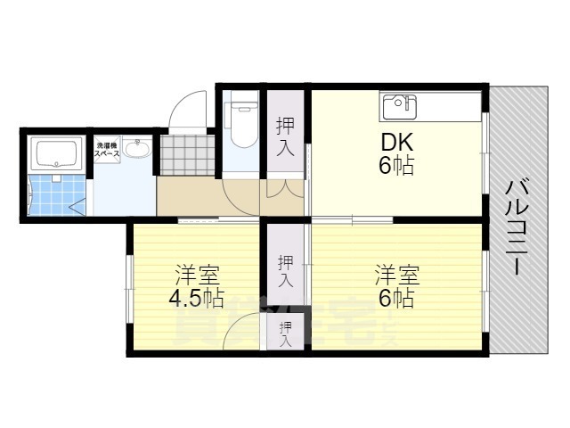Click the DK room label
click(396, 143)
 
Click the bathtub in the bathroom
click(55, 154)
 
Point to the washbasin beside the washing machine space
click(136, 149)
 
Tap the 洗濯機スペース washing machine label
click(108, 149)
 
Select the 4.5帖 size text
click(196, 297)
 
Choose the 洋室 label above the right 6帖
click(396, 274)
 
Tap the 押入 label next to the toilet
click(285, 137)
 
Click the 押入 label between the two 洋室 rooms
click(285, 270)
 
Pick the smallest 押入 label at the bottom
click(285, 334)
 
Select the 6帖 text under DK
click(396, 166)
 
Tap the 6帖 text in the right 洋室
click(396, 298)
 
